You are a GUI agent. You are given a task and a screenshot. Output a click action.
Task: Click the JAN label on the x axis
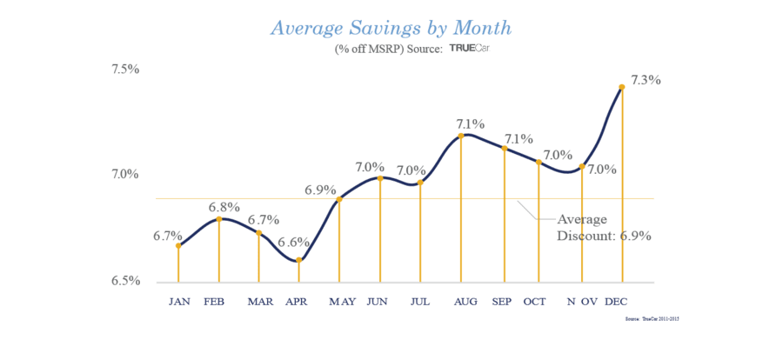pos(179,302)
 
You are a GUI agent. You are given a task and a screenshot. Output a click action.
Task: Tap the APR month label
pos(298,302)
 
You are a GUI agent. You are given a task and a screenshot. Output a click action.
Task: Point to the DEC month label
pos(616,302)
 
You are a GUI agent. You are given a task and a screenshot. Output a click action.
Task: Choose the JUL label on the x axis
pos(420,302)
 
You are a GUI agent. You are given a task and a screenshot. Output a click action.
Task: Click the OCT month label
pos(534,302)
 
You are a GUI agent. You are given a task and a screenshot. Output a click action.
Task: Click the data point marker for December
pos(621,87)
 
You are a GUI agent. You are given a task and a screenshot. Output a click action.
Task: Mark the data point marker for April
pos(298,259)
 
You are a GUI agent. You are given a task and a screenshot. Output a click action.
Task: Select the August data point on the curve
pos(461,135)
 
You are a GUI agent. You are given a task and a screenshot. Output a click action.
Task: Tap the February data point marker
pos(218,218)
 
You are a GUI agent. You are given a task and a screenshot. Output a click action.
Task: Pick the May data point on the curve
pos(339,199)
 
